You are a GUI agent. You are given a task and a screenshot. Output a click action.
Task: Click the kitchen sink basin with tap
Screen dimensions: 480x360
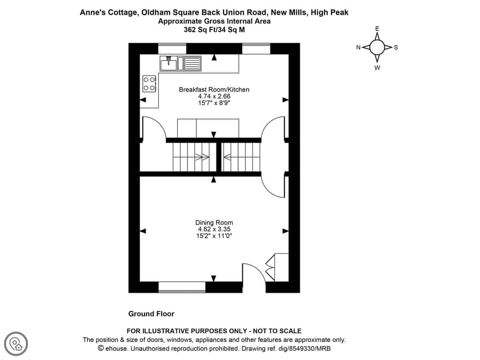point(168,64)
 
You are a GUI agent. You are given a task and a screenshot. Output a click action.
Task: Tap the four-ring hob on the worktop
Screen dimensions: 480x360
point(149,84)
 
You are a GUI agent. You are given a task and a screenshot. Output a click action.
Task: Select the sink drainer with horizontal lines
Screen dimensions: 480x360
point(193,64)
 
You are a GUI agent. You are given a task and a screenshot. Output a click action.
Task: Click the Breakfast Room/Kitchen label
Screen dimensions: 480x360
point(214,90)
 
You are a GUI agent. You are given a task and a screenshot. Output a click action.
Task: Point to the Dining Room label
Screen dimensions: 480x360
point(214,223)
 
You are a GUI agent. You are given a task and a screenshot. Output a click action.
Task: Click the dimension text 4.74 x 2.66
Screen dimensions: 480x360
point(214,96)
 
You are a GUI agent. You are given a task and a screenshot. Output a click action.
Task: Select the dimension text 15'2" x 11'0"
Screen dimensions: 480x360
point(214,236)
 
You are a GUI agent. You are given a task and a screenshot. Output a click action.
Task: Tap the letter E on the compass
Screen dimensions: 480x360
point(377,29)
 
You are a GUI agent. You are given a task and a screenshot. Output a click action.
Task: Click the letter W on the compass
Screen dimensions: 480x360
point(377,68)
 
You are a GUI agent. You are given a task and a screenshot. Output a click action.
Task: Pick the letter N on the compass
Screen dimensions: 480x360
point(358,48)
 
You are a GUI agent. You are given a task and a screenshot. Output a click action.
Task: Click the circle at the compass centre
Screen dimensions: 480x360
point(377,47)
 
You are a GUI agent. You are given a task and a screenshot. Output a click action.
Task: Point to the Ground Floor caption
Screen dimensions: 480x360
point(151,314)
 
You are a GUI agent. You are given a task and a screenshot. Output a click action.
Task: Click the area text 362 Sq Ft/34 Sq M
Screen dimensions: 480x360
point(214,30)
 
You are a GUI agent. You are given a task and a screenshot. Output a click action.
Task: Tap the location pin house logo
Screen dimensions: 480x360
point(16,344)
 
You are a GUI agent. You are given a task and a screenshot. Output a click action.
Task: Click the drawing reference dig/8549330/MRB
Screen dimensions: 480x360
point(304,348)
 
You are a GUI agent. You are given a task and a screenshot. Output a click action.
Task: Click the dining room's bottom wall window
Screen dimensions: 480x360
point(182,287)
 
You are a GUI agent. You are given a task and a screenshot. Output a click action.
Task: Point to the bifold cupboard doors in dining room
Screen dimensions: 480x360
point(270,268)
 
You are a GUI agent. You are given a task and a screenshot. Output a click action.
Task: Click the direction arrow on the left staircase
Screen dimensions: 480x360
point(202,157)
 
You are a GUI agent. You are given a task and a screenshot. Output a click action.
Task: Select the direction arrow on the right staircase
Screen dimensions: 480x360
point(228,157)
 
